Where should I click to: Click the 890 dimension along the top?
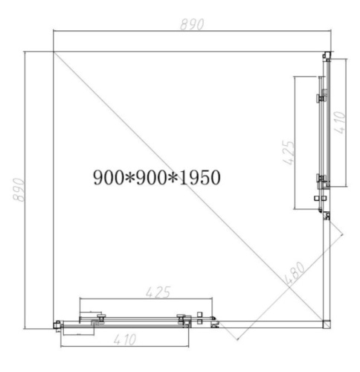[x=191, y=24]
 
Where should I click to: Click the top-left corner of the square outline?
[x=53, y=52]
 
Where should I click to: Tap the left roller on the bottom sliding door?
[x=99, y=321]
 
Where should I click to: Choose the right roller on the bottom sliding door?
[x=181, y=321]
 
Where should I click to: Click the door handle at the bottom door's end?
[x=209, y=321]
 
